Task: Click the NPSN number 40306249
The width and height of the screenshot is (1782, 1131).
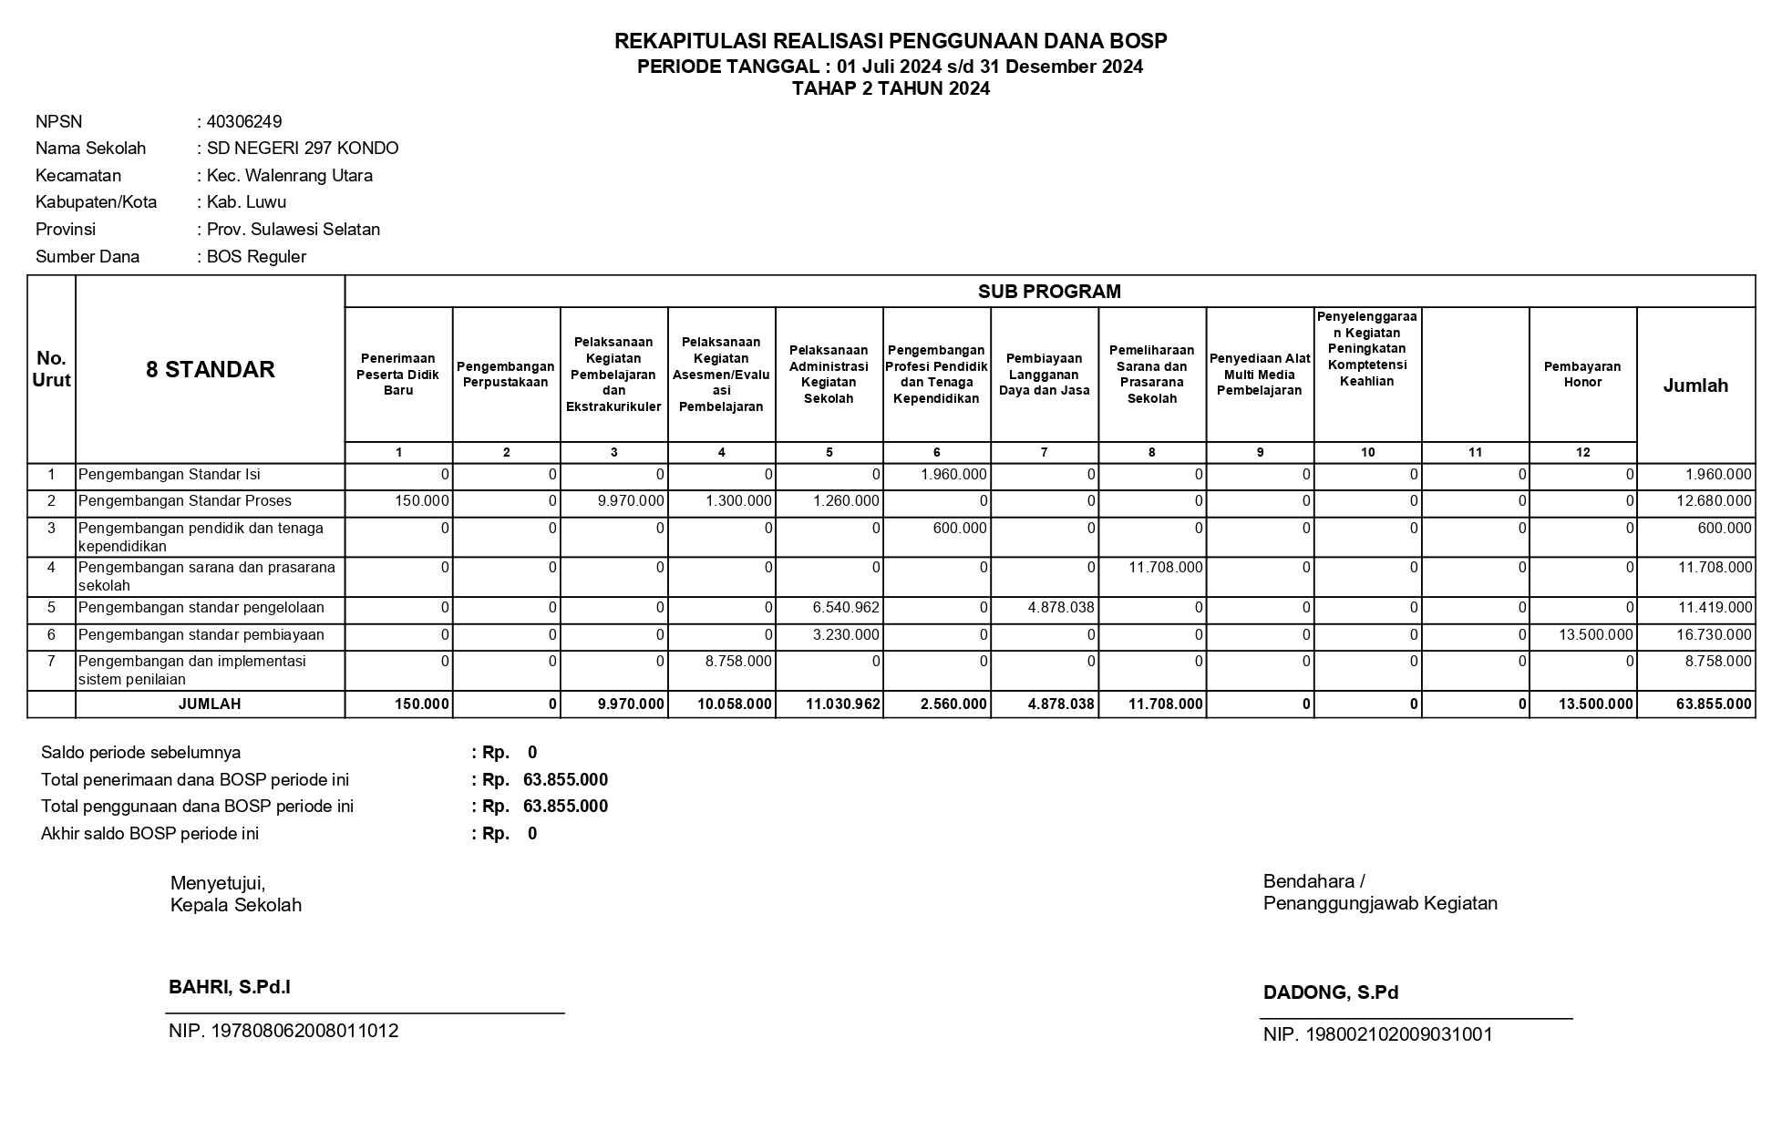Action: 244,122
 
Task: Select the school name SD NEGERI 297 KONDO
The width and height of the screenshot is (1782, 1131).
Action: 303,149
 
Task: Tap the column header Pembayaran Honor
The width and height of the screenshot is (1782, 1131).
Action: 1581,375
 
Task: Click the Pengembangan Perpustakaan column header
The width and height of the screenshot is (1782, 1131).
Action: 506,375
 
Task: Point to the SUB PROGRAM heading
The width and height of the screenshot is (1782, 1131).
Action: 1049,292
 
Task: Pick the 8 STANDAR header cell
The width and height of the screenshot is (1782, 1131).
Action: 211,370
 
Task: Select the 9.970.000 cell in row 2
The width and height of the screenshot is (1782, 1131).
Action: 630,501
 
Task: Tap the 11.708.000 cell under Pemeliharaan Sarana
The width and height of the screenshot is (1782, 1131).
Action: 1165,568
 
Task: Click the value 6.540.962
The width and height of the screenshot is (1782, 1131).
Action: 846,608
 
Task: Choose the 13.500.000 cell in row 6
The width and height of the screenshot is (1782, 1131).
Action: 1595,635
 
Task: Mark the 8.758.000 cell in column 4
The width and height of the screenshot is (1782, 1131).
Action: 738,662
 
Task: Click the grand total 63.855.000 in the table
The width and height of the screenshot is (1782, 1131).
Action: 1713,704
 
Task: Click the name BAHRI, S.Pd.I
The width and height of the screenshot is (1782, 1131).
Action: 230,987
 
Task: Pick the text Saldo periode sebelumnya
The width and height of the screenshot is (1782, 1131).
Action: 141,753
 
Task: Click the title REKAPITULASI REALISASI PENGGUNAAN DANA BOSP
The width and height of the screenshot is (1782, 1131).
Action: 891,41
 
